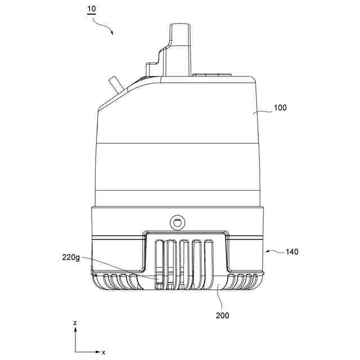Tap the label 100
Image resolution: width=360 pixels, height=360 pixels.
click(x=280, y=108)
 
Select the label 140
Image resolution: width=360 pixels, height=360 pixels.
click(x=291, y=252)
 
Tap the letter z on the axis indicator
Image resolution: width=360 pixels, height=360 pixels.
click(x=75, y=324)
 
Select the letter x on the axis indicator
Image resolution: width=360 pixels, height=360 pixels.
click(x=103, y=352)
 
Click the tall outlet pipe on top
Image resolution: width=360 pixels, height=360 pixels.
click(x=181, y=48)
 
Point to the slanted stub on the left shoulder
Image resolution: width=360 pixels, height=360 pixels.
click(x=115, y=84)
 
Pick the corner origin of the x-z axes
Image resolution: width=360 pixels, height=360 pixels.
click(x=75, y=352)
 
